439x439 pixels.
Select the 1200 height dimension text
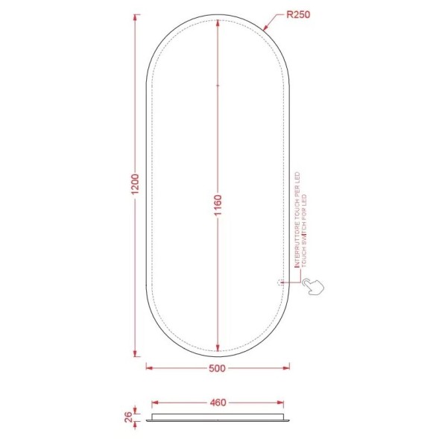pyautogui.click(x=134, y=187)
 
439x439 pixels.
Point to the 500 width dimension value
pyautogui.click(x=217, y=368)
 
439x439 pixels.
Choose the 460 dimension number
pyautogui.click(x=217, y=403)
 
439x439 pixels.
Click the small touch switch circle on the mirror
pyautogui.click(x=279, y=282)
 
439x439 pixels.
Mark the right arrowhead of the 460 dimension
pyautogui.click(x=281, y=403)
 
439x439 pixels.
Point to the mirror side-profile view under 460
pyautogui.click(x=218, y=416)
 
